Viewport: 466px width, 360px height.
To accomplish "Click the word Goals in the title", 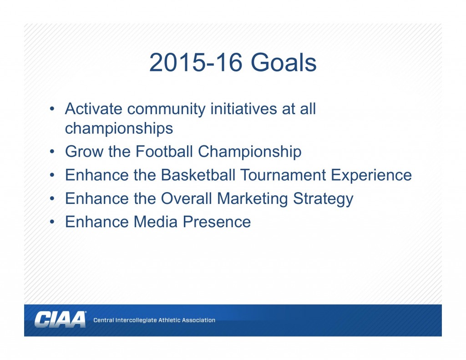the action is click(284, 62).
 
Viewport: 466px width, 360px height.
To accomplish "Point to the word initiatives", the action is click(244, 108).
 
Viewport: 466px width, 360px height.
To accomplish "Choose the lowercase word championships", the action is click(119, 129).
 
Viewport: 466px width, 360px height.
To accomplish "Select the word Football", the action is click(164, 151).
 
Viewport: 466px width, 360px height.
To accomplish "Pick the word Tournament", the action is click(283, 175).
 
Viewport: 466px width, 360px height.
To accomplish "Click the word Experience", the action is click(371, 175).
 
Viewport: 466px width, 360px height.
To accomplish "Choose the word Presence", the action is click(217, 222).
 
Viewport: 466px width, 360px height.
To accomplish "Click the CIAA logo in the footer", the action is click(61, 319).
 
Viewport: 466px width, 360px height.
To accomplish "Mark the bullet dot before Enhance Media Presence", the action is click(52, 222).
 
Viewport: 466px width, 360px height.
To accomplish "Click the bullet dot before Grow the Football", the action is click(52, 152).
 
